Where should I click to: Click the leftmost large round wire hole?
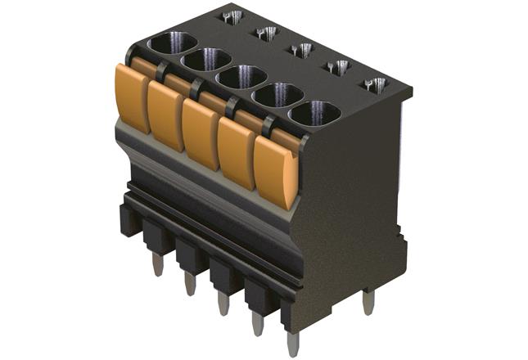pos(173,43)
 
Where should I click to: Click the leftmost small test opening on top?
pos(230,17)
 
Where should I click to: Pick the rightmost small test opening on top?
pos(374,84)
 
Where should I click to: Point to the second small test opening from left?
pos(266,34)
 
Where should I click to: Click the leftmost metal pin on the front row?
pos(157,263)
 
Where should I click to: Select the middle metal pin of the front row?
pos(223,304)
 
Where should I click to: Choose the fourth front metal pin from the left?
pos(257,323)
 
